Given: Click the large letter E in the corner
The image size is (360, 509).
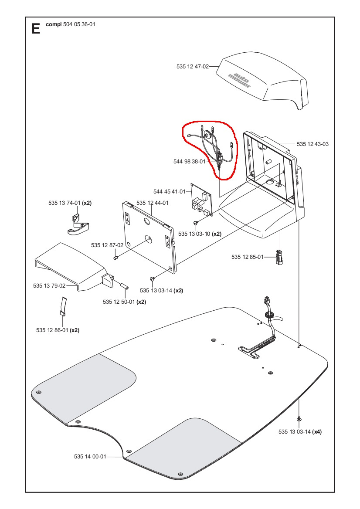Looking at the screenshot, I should (36, 29).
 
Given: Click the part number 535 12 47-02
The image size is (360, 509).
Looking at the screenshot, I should (192, 67).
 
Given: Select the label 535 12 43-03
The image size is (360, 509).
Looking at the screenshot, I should (312, 144).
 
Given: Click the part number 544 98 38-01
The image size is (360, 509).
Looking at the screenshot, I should (189, 161).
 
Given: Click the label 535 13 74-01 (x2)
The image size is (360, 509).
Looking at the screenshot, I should (69, 203).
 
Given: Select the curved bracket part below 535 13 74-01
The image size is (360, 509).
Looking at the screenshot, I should (78, 227).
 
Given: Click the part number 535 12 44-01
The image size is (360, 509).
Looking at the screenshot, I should (152, 203).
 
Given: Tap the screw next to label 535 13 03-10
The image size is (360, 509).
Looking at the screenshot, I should (196, 224).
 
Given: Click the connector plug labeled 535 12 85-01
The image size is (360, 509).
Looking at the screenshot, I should (279, 257).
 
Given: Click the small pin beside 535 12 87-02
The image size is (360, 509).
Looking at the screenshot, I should (116, 258).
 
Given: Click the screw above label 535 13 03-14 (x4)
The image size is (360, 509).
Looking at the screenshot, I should (299, 419).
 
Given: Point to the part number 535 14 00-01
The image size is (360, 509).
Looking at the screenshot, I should (90, 456).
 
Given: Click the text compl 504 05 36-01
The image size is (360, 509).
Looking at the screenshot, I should (70, 24).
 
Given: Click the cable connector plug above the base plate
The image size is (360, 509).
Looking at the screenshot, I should (266, 301).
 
